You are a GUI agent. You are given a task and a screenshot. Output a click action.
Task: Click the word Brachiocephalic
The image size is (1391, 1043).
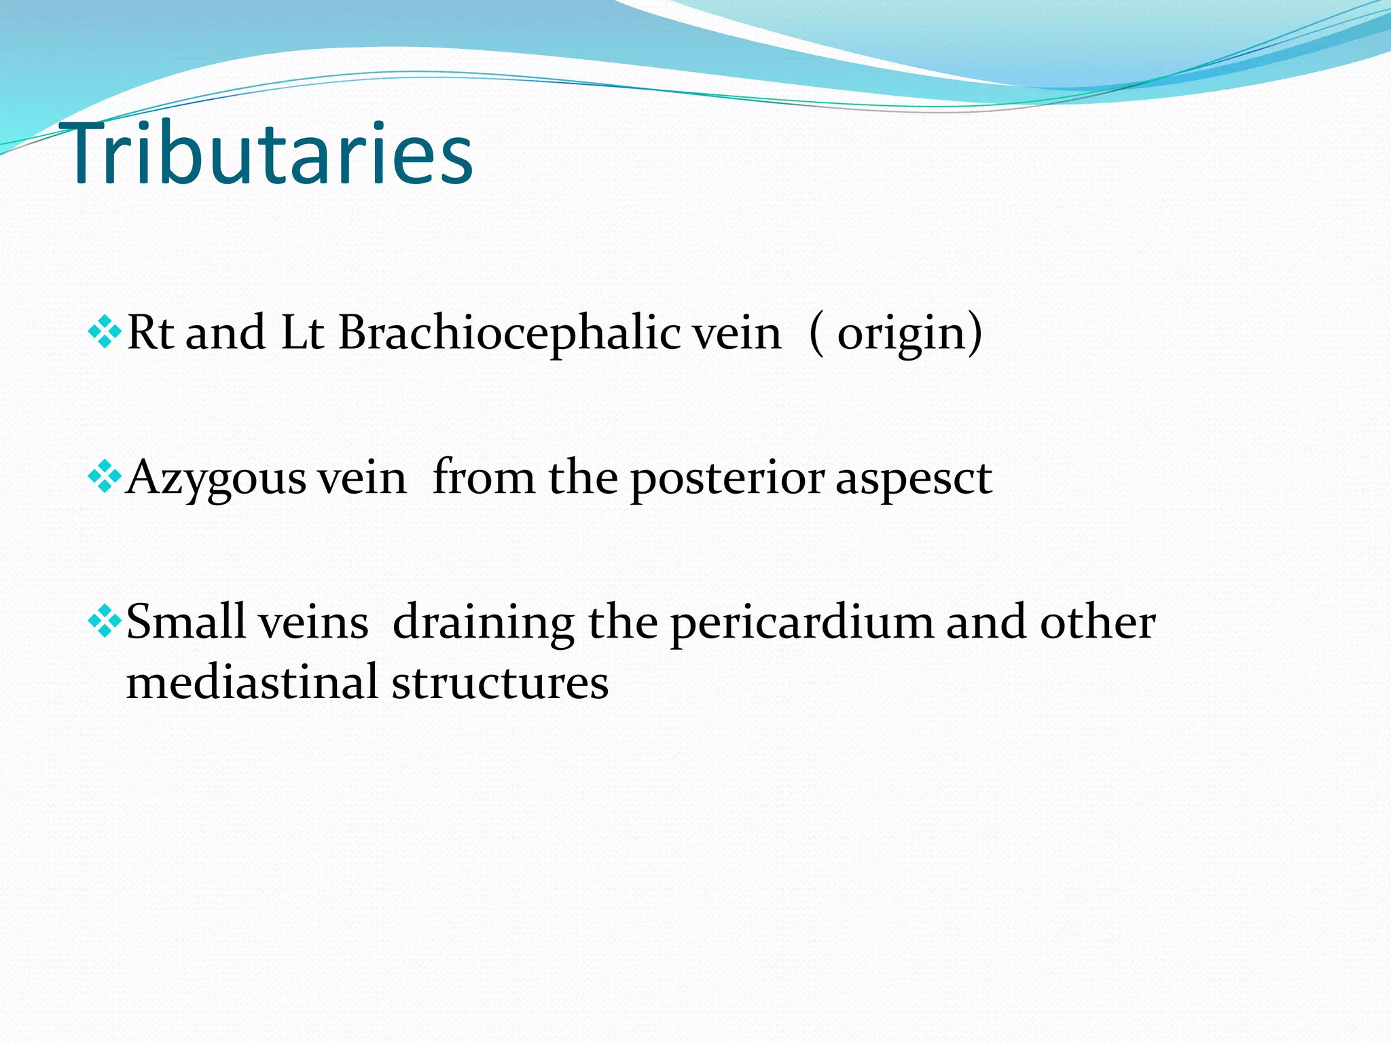coord(509,333)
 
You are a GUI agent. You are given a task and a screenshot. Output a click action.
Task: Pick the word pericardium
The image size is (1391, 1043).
coord(801,623)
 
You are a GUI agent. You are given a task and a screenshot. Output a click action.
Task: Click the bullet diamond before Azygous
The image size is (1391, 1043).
coord(105,477)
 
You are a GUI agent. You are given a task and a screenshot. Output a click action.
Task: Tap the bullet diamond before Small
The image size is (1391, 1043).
coord(105,622)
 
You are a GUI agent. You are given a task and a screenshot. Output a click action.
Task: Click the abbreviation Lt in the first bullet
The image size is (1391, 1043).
coord(302,333)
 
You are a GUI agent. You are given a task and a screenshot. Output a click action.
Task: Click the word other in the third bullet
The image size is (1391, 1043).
coord(1097,622)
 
